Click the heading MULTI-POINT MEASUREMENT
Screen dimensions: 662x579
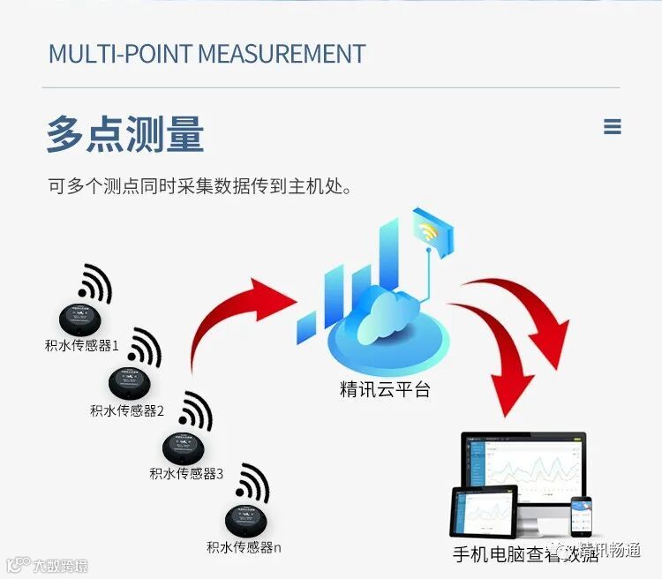(x=207, y=53)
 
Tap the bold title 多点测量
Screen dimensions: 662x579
(x=125, y=134)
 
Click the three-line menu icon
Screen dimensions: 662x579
(x=613, y=127)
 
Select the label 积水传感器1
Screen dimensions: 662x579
(x=82, y=345)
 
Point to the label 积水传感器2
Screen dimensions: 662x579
(x=127, y=410)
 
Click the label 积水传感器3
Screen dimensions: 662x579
(x=186, y=474)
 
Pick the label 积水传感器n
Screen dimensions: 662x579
(x=244, y=547)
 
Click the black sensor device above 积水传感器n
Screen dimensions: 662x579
(x=244, y=519)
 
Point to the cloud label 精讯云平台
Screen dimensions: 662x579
(x=385, y=389)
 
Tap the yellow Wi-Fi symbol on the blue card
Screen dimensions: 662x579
(x=430, y=232)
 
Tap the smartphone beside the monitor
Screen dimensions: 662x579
(x=581, y=516)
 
